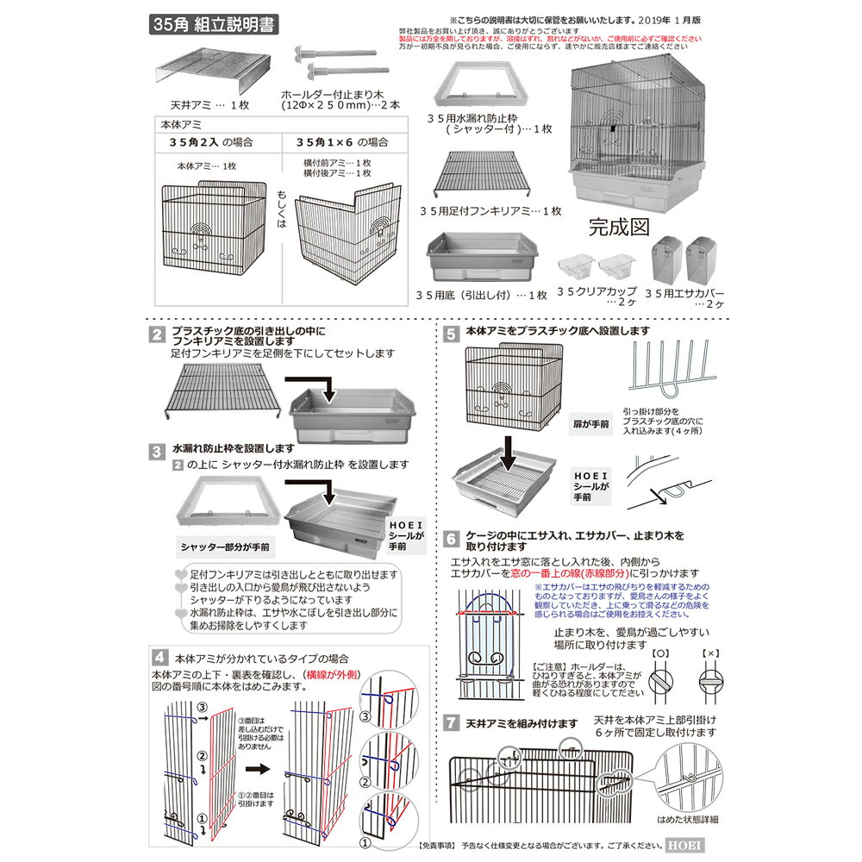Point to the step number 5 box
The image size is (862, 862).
pos(451,330)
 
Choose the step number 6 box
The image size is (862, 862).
pos(451,540)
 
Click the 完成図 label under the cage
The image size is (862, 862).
pos(618,228)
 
